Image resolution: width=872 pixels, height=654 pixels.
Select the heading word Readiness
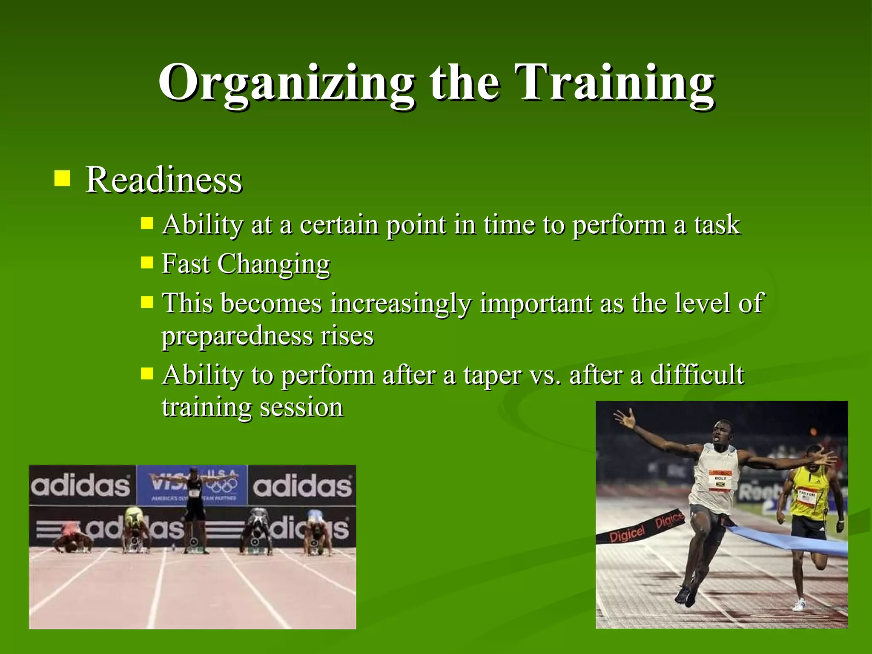point(164,180)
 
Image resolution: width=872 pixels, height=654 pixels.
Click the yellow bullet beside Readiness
point(63,178)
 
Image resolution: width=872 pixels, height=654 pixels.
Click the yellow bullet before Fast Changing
point(147,262)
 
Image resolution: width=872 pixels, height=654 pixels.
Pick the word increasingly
point(401,304)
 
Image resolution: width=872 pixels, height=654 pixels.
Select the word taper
point(492,376)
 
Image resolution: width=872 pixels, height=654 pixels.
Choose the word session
point(301,407)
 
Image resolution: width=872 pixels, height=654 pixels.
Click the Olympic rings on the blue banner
point(223,485)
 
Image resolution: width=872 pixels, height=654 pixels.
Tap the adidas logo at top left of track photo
point(80,485)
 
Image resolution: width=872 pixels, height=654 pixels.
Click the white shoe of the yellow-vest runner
point(799,605)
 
